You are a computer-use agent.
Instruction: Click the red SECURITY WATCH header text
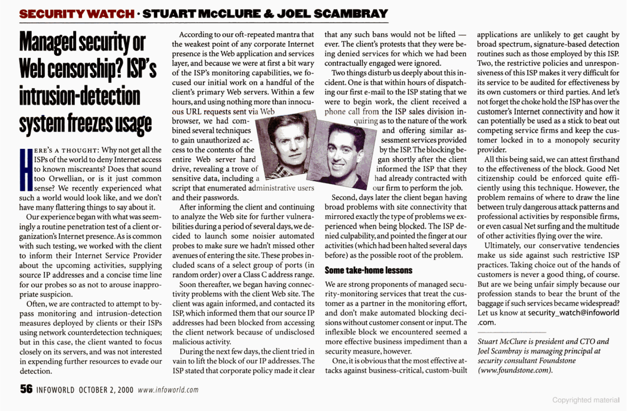(x=76, y=14)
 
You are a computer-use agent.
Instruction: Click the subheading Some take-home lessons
(x=368, y=270)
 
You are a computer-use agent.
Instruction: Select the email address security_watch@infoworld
(x=573, y=313)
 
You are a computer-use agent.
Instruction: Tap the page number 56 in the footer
(x=26, y=389)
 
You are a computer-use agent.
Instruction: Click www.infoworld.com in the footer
(x=168, y=390)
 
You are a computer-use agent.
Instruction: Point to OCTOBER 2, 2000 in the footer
(x=106, y=390)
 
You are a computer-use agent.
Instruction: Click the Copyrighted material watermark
(x=586, y=400)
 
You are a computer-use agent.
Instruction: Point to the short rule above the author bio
(x=511, y=332)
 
